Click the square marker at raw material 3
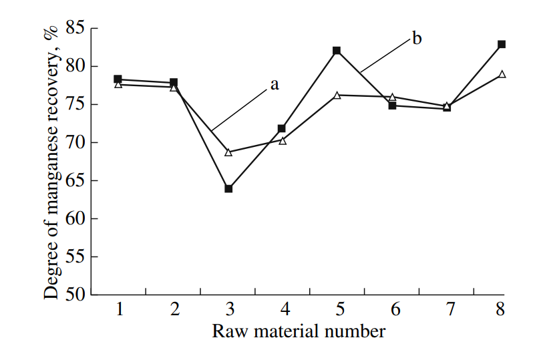coord(228,188)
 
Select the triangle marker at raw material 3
coord(228,152)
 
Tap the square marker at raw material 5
coord(337,51)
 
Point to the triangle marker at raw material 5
coord(337,96)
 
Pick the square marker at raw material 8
coord(502,45)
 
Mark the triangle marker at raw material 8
coord(502,74)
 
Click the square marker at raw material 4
coord(282,128)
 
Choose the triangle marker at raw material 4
coord(283,141)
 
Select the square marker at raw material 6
coord(392,106)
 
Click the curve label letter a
coord(274,85)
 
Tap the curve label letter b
coord(417,39)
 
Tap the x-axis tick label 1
coord(119,310)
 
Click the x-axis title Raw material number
coord(299,331)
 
